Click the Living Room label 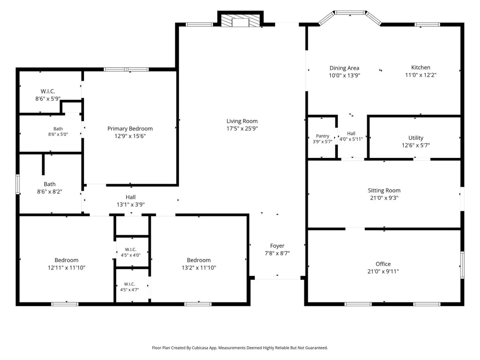242,121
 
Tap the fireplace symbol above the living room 240,21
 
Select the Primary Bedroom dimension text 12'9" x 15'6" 130,136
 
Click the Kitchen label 420,67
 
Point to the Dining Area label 344,68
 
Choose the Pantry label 323,136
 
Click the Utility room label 416,138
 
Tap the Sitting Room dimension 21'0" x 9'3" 384,198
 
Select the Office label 383,264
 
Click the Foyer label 277,246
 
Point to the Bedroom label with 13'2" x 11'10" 199,260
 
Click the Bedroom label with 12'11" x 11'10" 66,260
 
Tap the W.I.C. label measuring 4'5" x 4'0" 131,250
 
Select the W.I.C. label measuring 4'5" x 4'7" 130,284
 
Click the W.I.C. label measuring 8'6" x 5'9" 48,91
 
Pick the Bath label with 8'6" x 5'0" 58,129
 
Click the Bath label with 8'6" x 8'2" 49,184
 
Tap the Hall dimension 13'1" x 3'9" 131,204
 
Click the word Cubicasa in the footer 201,348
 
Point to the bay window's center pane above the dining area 350,12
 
